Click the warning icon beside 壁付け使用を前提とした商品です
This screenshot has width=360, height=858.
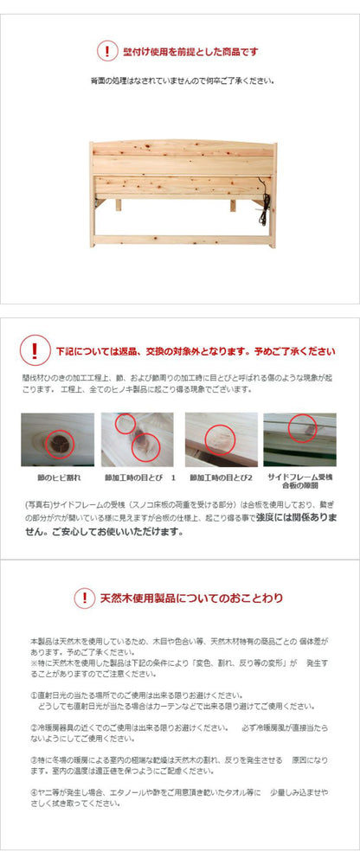pos(106,52)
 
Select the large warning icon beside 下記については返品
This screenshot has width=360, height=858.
pos(34,351)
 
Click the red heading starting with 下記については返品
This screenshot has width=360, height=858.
pos(196,352)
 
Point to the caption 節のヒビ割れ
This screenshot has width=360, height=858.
pos(58,477)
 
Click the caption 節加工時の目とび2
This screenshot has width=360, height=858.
pos(222,477)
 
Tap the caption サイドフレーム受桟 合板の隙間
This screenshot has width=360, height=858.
pos(299,482)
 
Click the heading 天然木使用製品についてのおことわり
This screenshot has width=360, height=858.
pos(191,599)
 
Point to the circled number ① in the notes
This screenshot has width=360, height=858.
pos(33,695)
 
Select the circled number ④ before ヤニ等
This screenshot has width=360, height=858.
pos(33,791)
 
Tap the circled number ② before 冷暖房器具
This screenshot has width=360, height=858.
pos(33,728)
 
